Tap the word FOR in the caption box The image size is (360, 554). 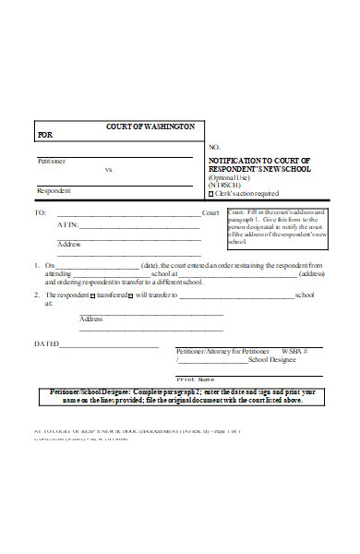(44, 135)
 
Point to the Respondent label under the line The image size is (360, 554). (53, 190)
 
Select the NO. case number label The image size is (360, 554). (214, 148)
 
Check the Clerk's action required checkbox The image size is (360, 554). (210, 194)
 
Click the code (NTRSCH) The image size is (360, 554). (225, 185)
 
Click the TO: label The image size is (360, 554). (39, 213)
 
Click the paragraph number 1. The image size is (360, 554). (36, 265)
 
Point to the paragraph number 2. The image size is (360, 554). (36, 295)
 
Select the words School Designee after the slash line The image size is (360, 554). (258, 361)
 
